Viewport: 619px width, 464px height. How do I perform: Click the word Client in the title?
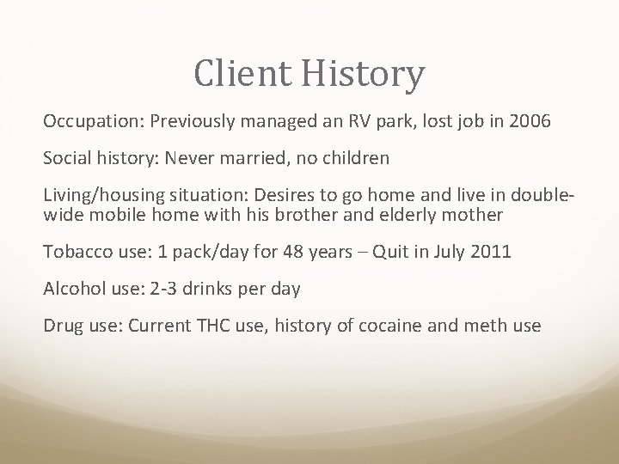(x=244, y=74)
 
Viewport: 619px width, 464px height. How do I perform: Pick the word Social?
(x=67, y=158)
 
